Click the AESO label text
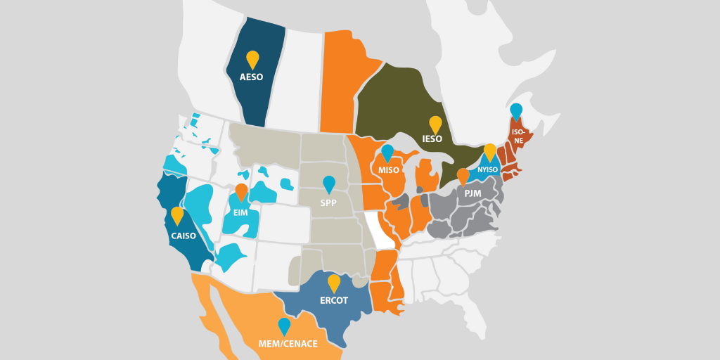coord(252,77)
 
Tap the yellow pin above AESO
coord(252,59)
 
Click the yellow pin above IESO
coord(436,124)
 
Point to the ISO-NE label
coord(517,136)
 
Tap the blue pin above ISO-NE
coord(516,111)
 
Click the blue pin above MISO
coord(387,153)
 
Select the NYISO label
coord(487,169)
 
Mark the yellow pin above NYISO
coord(490,151)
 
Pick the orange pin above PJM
coord(463,176)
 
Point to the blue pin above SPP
coord(329,184)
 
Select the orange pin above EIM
coord(241,191)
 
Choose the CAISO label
coord(184,236)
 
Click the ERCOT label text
coord(334,300)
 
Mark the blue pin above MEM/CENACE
coord(284,326)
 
